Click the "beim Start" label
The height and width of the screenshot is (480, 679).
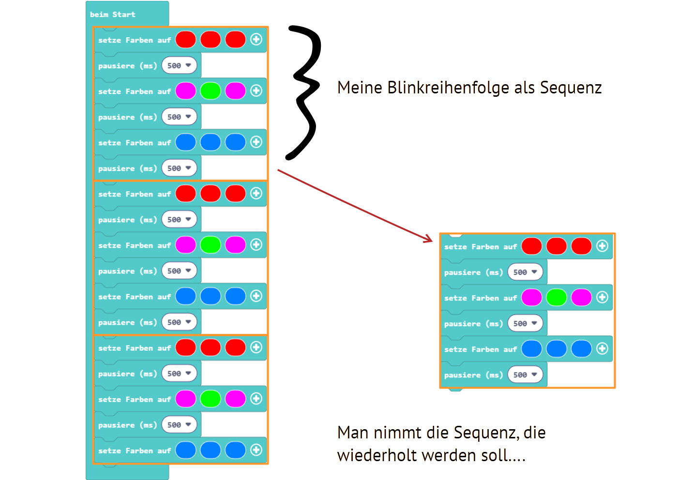[112, 15]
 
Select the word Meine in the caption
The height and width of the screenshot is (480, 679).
[360, 88]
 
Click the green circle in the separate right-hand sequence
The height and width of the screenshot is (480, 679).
[557, 298]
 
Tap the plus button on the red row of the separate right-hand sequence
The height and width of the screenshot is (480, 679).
[602, 246]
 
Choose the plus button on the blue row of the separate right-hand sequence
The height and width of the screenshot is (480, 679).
[602, 349]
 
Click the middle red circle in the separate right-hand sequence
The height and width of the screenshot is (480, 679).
[557, 246]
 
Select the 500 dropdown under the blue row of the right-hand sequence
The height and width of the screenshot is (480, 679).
[525, 375]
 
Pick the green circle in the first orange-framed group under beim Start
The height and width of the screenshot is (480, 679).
[211, 91]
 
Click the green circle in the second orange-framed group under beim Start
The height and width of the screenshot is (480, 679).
[211, 245]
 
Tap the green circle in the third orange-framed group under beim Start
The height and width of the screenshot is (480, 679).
[211, 399]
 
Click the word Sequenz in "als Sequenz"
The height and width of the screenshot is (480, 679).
[571, 88]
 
